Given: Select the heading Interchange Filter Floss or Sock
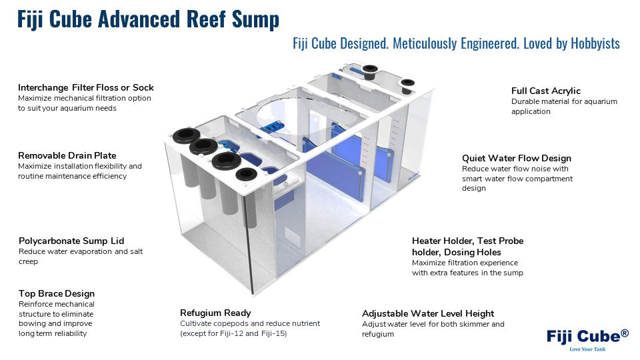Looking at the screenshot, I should click(86, 87).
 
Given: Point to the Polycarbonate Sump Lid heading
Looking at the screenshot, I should click(71, 241).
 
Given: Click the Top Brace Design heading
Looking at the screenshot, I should click(57, 293).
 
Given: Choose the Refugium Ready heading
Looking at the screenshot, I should click(215, 313).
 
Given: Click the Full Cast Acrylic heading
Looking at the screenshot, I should click(546, 91).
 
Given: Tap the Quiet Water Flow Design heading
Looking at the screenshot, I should click(517, 158).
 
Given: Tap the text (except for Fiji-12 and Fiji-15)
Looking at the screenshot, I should click(233, 333).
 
